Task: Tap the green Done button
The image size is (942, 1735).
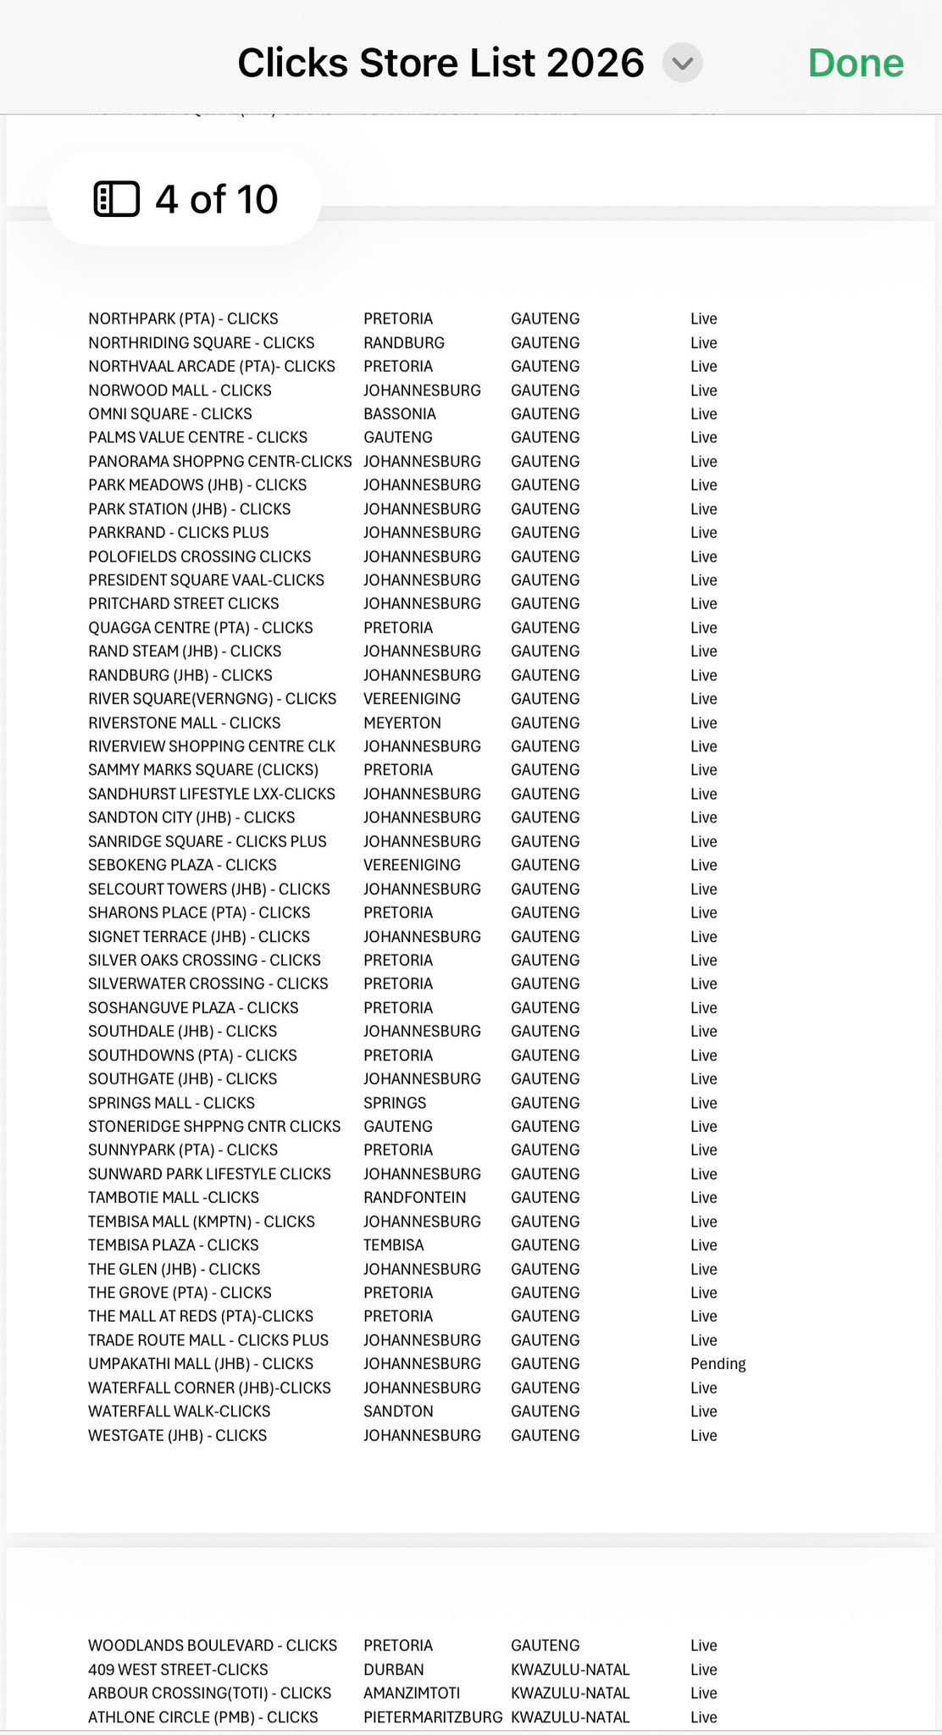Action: click(856, 64)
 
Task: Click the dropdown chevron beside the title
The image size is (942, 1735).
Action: click(682, 64)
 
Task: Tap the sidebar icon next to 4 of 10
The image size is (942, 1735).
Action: click(116, 199)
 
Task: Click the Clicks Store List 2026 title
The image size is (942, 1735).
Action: click(441, 64)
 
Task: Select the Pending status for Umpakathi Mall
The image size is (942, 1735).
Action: click(718, 1364)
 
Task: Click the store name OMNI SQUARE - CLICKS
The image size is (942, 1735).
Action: click(170, 414)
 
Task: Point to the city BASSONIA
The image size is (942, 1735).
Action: click(400, 414)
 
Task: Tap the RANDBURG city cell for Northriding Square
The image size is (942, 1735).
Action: click(404, 343)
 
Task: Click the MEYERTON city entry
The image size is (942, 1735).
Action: click(402, 723)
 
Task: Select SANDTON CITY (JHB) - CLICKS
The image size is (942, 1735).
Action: click(191, 818)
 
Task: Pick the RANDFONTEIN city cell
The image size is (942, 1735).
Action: click(415, 1198)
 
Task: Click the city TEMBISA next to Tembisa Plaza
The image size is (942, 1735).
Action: click(394, 1245)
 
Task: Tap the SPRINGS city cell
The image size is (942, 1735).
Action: click(395, 1103)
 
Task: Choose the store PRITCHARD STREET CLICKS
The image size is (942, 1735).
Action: click(184, 604)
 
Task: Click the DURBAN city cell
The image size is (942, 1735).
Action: click(394, 1670)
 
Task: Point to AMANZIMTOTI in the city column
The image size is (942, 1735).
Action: click(412, 1693)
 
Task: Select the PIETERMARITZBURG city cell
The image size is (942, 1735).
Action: click(433, 1717)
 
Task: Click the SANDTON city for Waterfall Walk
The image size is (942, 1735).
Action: click(398, 1411)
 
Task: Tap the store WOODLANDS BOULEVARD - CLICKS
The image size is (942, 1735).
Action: click(213, 1645)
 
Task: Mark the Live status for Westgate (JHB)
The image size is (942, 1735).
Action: click(703, 1436)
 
